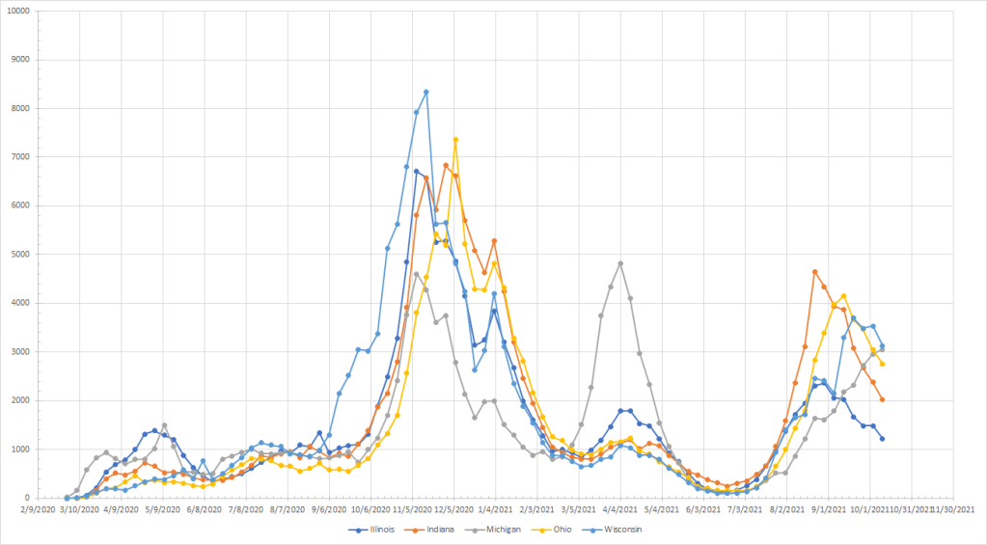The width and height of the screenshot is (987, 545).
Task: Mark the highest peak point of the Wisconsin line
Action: pos(426,92)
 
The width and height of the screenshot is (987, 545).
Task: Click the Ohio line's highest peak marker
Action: pos(455,140)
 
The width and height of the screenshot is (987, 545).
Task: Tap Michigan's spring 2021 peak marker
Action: pos(620,263)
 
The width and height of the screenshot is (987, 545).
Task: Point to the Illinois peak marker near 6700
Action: pos(417,171)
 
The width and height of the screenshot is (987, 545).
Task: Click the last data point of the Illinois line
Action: pos(882,439)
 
